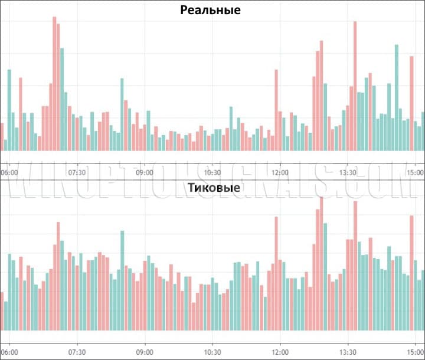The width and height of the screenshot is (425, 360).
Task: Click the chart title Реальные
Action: (211, 10)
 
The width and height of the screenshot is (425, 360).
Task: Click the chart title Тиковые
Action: (213, 188)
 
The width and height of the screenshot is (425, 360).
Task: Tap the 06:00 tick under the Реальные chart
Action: (10, 172)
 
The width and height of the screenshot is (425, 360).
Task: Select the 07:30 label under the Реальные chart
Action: (77, 172)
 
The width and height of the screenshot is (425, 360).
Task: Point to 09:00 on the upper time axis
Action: (145, 172)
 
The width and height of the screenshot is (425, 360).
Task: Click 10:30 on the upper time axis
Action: (212, 172)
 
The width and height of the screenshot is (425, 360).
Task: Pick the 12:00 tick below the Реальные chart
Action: (280, 172)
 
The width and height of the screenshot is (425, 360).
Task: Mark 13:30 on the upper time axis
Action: (348, 172)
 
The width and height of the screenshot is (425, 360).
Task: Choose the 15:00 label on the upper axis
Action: (415, 172)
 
